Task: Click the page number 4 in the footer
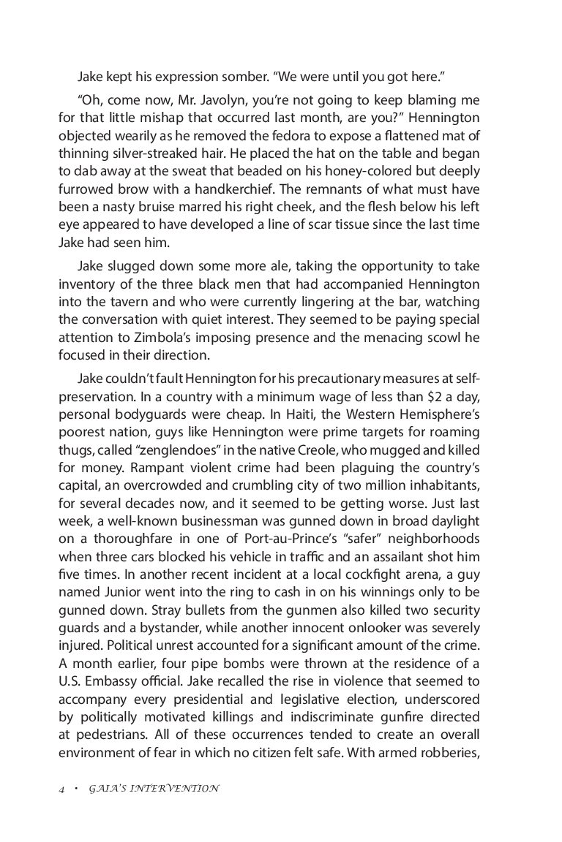click(62, 789)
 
